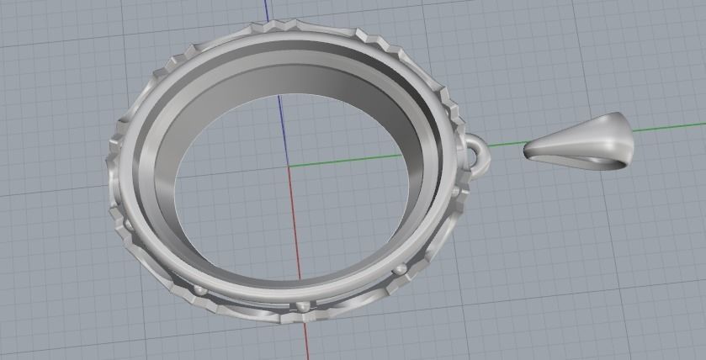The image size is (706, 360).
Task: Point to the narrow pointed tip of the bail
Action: coord(528,151)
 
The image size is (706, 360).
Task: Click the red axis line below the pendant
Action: coord(305,341)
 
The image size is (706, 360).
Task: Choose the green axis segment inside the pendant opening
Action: coord(353,160)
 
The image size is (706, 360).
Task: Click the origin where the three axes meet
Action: coord(289,166)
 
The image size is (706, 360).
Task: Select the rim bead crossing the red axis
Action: coord(303,305)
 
